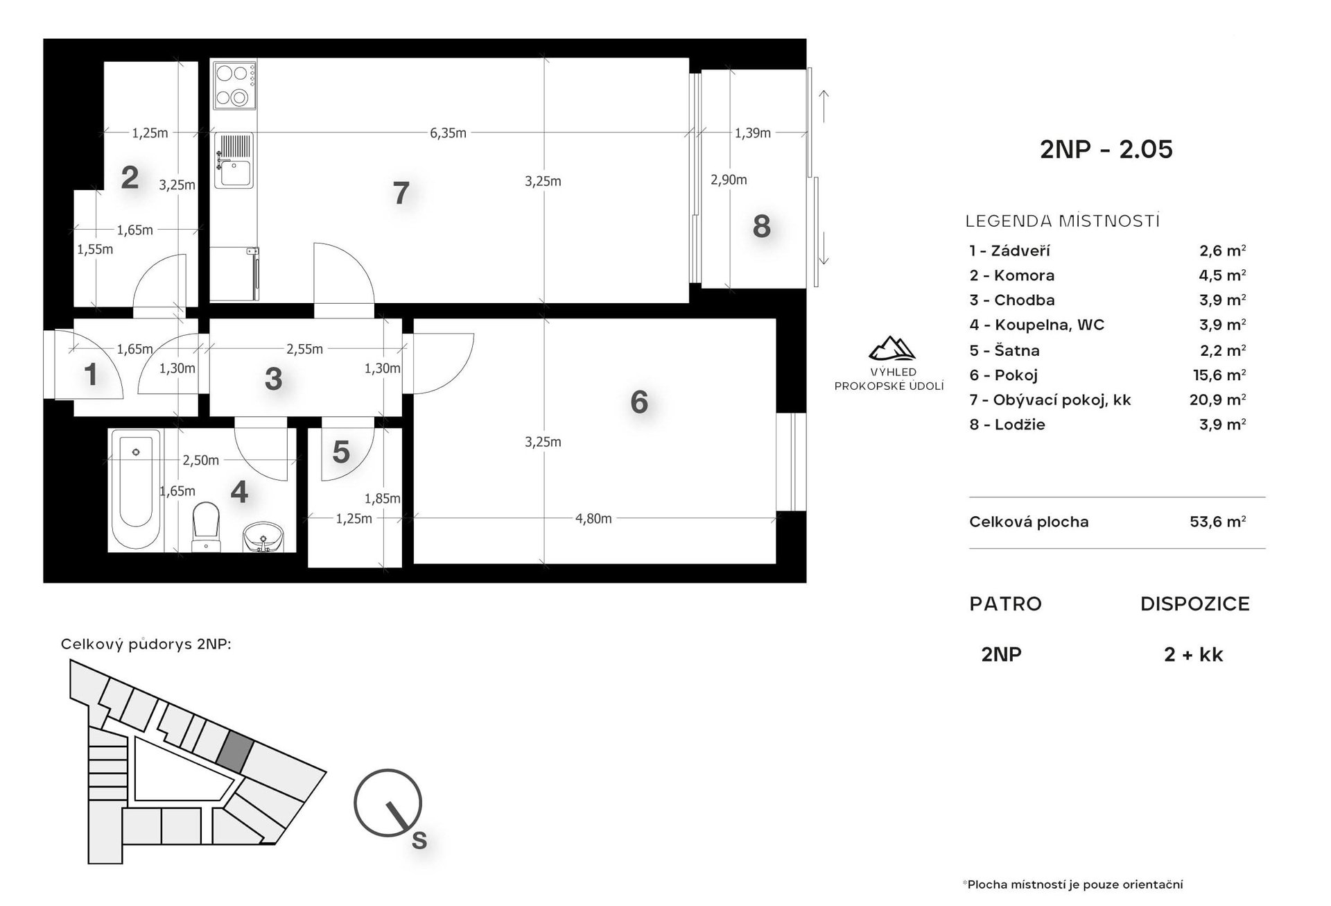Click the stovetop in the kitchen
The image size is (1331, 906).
pyautogui.click(x=234, y=85)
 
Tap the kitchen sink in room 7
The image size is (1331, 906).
pyautogui.click(x=234, y=161)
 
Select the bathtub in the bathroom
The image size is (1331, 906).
pyautogui.click(x=136, y=489)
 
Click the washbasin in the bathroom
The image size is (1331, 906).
pyautogui.click(x=263, y=538)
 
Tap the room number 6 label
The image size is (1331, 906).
pyautogui.click(x=639, y=402)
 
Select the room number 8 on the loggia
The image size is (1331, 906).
pyautogui.click(x=761, y=226)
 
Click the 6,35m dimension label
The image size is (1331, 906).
pyautogui.click(x=448, y=133)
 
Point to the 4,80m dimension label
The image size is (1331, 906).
pyautogui.click(x=593, y=518)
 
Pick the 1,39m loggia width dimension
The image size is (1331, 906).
pyautogui.click(x=753, y=133)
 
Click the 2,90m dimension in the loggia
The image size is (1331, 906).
pyautogui.click(x=729, y=180)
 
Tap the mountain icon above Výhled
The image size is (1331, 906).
pyautogui.click(x=891, y=348)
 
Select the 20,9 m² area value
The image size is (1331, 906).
pyautogui.click(x=1218, y=399)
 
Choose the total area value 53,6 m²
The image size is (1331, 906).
pyautogui.click(x=1218, y=521)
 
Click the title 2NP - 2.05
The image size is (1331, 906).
pyautogui.click(x=1106, y=149)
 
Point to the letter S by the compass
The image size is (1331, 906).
pyautogui.click(x=419, y=841)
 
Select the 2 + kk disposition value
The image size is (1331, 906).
pyautogui.click(x=1194, y=654)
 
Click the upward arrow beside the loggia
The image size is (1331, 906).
pyautogui.click(x=824, y=108)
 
